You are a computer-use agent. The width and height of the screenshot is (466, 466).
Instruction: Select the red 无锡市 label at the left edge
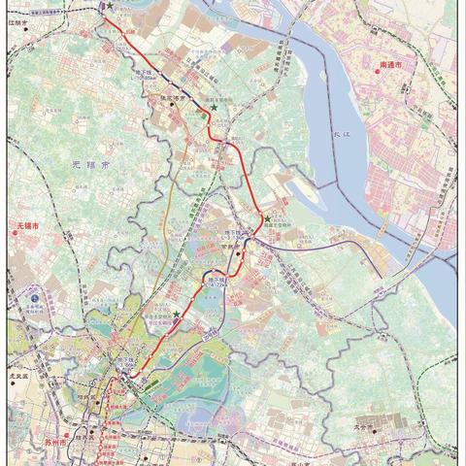coord(26,227)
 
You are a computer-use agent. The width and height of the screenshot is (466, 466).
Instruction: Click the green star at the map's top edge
coord(110,7)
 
